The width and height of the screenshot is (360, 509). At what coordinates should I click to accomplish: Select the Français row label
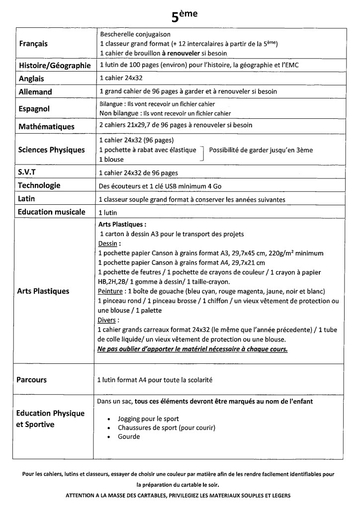coord(33,44)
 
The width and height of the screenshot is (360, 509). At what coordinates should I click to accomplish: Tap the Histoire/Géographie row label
coord(55,66)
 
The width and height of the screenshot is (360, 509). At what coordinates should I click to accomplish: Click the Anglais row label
coord(31,79)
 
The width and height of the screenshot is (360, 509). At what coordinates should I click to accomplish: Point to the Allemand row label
coord(35,92)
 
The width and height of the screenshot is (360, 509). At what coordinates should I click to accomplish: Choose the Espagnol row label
coord(35,109)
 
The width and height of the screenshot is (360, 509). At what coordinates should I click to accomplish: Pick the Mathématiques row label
coord(46,126)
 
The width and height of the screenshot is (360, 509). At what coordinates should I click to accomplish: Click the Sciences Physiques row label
coord(51,150)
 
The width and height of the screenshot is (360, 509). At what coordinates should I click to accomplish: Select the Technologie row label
coord(39,185)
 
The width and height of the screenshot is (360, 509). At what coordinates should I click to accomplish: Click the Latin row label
coord(27,199)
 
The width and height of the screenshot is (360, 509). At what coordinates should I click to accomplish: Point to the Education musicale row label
coord(52,212)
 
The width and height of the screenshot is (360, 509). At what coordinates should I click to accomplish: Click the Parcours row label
coord(32,380)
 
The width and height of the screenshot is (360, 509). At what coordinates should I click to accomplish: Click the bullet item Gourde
coord(128,437)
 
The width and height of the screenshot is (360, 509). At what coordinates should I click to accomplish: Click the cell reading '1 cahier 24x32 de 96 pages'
coord(139,173)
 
